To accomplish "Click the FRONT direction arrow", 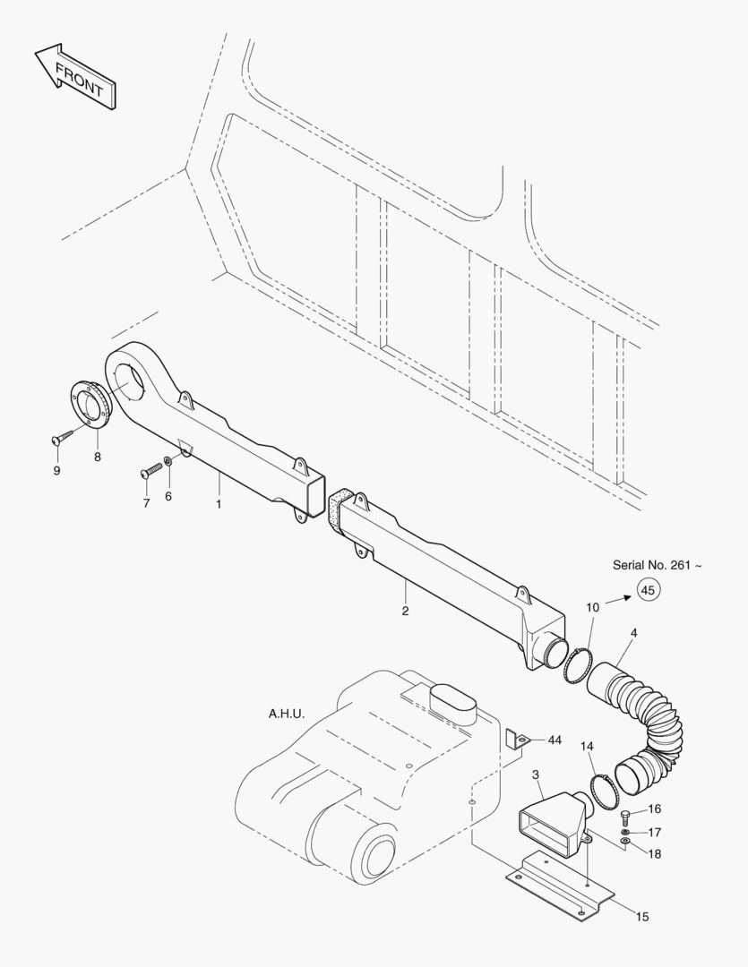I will (75, 76).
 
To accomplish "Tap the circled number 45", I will (649, 589).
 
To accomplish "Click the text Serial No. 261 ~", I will (658, 565).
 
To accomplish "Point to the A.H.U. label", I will (287, 715).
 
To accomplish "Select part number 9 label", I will (56, 470).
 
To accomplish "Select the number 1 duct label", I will (217, 503).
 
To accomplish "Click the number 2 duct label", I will (405, 612).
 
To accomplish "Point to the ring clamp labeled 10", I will (579, 665).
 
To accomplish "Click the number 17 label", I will (655, 833).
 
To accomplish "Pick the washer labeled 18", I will (625, 842).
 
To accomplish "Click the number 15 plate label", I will (642, 916).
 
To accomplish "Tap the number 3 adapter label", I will (535, 774).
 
